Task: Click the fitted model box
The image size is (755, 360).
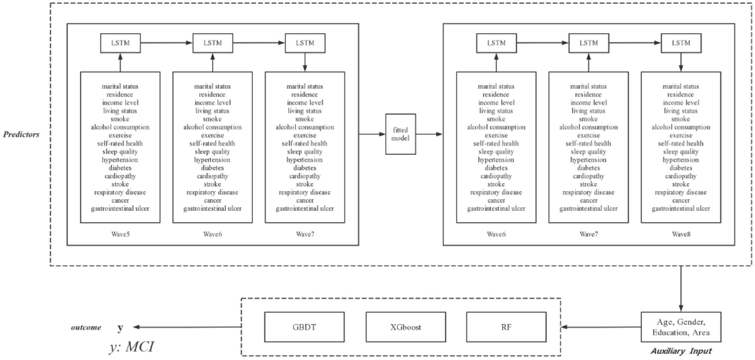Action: click(x=401, y=134)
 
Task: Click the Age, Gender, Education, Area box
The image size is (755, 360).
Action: click(x=680, y=327)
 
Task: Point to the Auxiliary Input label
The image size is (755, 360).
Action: click(x=680, y=350)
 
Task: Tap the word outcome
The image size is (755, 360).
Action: click(x=86, y=328)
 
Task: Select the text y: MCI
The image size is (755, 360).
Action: click(x=131, y=347)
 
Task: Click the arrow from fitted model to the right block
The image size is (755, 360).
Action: click(x=430, y=134)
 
